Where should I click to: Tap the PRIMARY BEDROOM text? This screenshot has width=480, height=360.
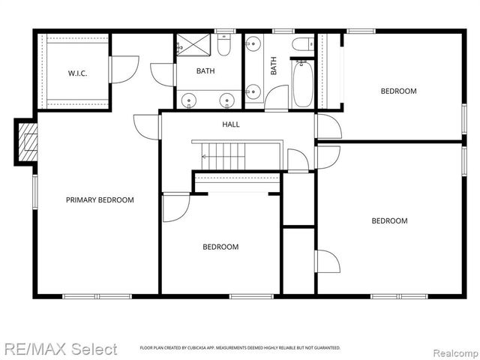click(x=100, y=200)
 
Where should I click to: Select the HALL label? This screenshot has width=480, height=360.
click(x=231, y=124)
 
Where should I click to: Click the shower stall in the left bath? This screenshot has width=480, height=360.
click(x=193, y=46)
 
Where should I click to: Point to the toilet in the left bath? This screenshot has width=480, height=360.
click(x=223, y=47)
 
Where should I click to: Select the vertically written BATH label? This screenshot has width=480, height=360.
click(x=274, y=67)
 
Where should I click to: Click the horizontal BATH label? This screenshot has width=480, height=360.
click(x=205, y=72)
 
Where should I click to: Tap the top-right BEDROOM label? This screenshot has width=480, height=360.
click(x=398, y=91)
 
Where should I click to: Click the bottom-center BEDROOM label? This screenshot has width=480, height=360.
click(x=220, y=247)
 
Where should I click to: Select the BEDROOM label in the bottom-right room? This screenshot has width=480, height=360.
click(x=390, y=220)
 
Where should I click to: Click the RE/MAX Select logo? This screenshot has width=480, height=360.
click(x=60, y=349)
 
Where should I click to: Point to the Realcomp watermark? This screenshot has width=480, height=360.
click(x=451, y=349)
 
